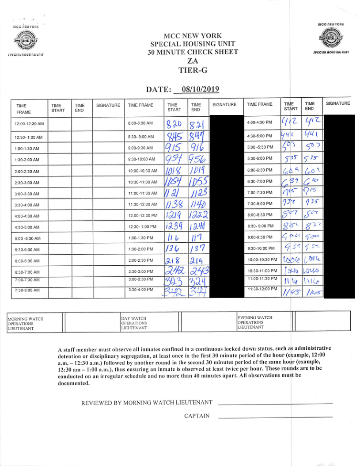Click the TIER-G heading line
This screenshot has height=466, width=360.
coord(193,70)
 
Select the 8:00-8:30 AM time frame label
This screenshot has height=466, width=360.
coord(140,123)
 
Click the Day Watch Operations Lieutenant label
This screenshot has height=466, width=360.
coord(134,323)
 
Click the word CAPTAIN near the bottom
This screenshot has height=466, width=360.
coord(197,416)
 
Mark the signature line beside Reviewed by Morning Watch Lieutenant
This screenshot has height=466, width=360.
coord(275,404)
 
